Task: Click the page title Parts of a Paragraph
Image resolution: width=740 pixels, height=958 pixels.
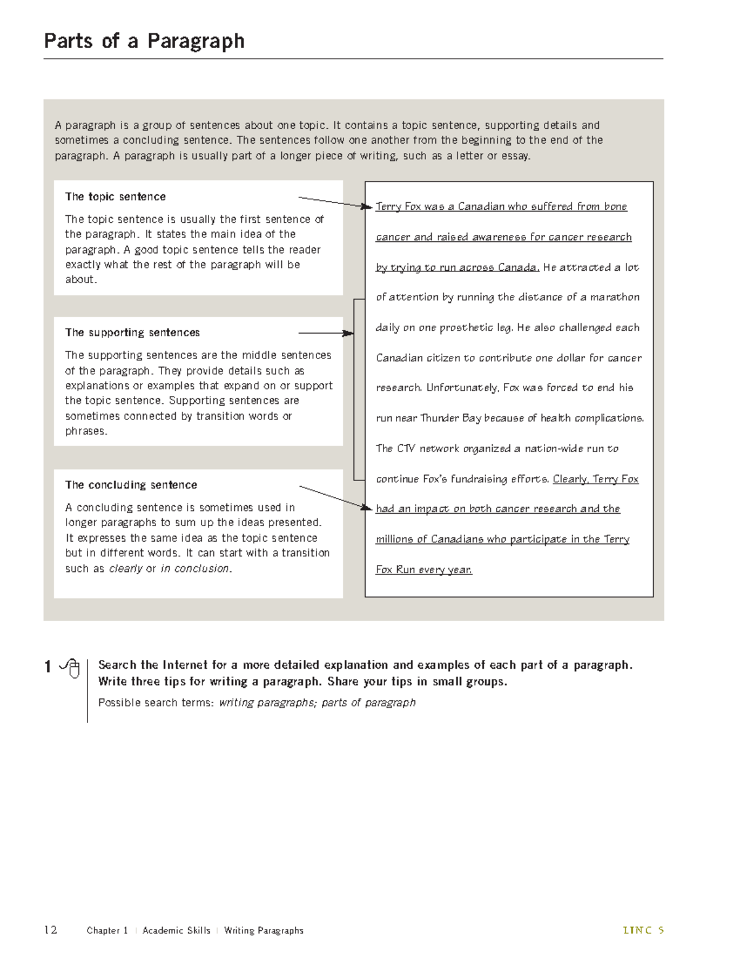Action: [x=144, y=41]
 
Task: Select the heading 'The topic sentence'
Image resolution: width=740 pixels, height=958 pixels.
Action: [x=115, y=197]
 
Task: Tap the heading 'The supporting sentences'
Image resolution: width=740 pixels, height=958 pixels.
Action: [x=133, y=332]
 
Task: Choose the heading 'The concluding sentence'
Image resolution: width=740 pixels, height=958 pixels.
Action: [x=131, y=485]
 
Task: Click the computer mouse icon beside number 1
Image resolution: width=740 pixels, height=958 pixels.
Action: [x=72, y=667]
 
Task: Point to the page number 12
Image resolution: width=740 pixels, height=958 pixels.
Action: [x=51, y=930]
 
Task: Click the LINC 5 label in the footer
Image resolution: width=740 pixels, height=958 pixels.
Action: [x=643, y=930]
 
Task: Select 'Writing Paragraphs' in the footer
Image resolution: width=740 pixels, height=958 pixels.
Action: [x=264, y=930]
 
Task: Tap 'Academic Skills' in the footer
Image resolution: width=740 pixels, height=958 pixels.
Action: [x=176, y=930]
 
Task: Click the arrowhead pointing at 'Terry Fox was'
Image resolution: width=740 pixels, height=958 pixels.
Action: [x=368, y=206]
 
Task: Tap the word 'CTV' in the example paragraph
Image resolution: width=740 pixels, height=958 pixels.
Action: [x=406, y=448]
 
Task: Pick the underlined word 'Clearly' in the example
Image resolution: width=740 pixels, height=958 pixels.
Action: [x=570, y=479]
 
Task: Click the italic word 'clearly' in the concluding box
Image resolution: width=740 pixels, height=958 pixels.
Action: [x=125, y=569]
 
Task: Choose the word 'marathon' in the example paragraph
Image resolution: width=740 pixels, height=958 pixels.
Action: [x=615, y=297]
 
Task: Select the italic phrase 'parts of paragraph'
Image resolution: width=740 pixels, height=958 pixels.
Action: [x=368, y=703]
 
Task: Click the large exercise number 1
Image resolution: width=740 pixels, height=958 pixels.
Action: [x=47, y=667]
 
